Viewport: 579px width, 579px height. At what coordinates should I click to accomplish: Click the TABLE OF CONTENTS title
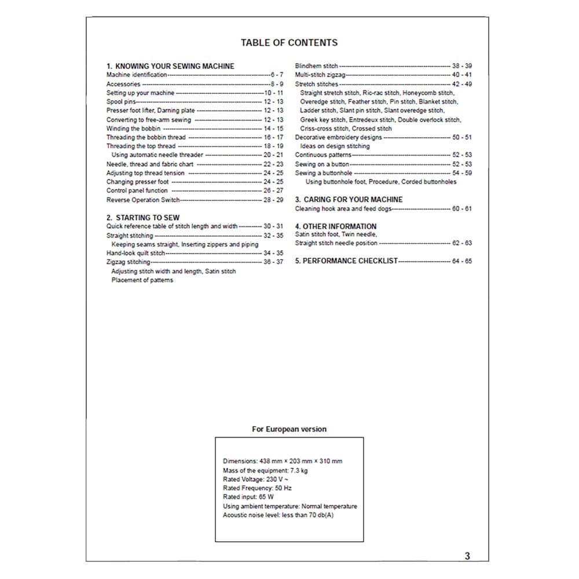point(289,42)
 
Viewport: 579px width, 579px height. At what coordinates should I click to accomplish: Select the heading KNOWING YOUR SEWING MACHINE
point(170,66)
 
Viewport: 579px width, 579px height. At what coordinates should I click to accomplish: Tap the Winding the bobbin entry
point(134,129)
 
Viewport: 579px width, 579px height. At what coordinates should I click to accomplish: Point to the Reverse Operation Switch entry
point(143,200)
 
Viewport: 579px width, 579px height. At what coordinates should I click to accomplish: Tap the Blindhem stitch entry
point(316,66)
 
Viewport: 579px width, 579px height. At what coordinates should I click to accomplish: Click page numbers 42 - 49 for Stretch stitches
point(461,84)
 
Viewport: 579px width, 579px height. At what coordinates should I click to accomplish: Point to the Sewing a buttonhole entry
point(323,173)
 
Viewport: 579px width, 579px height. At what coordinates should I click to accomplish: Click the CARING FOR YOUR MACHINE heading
point(349,200)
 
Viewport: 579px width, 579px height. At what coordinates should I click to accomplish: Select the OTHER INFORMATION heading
point(336,226)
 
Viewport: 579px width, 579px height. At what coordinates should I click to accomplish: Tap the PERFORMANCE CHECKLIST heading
point(346,261)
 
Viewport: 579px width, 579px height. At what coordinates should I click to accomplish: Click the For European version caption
point(289,429)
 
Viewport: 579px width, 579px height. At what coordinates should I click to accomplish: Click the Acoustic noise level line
point(278,515)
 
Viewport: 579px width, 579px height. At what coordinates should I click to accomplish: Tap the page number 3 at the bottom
point(467,556)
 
